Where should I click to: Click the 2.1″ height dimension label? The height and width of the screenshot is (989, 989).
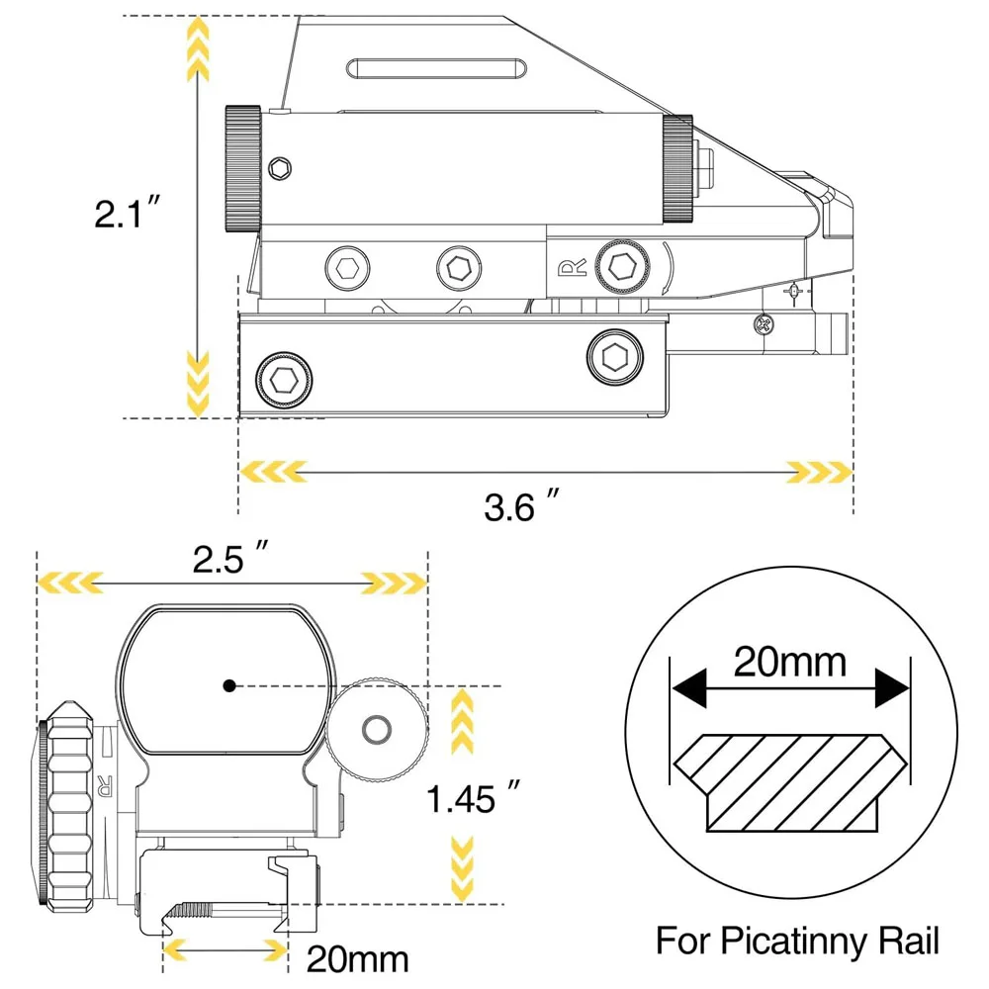127,214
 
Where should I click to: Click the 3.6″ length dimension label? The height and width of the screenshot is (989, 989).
524,507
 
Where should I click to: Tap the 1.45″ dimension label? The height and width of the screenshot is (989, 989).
474,797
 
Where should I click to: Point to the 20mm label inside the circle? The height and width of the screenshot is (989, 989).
789,660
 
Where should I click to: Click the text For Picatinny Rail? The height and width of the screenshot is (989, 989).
797,940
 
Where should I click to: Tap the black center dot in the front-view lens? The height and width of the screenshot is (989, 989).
228,684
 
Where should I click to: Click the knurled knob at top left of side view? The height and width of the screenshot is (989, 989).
242,168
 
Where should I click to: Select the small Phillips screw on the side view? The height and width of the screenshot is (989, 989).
762,322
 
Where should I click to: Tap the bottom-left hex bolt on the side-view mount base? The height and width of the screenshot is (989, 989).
284,378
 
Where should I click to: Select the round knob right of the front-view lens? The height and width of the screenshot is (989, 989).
376,729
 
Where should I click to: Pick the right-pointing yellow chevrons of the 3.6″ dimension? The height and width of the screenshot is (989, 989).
818,472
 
